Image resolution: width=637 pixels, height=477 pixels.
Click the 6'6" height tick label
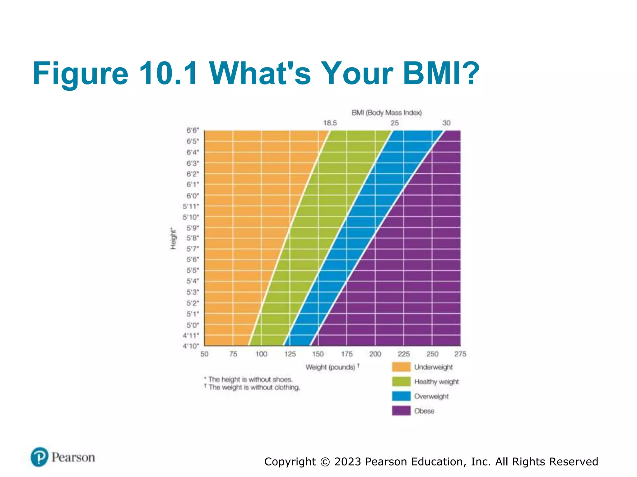193,130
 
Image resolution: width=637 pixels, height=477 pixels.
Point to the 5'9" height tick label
193,228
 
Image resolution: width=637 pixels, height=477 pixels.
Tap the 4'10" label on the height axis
191,346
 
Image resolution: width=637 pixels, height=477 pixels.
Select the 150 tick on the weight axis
318,354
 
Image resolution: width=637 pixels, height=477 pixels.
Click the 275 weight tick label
460,354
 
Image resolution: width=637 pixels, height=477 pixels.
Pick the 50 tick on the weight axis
204,354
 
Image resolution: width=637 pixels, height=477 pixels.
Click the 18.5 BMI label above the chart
330,123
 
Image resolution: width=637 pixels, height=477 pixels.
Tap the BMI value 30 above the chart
446,123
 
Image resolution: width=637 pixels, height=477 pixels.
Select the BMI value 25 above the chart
394,123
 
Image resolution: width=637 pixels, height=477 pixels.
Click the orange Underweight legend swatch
401,367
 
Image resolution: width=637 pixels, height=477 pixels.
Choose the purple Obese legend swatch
401,411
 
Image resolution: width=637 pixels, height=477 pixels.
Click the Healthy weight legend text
436,382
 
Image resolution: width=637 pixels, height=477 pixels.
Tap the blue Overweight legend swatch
401,396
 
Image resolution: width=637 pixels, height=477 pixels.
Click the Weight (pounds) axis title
330,367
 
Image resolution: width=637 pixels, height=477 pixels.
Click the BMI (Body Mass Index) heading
387,113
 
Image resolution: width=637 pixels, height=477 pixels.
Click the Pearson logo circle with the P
40,457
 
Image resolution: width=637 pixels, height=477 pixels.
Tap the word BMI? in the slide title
441,73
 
